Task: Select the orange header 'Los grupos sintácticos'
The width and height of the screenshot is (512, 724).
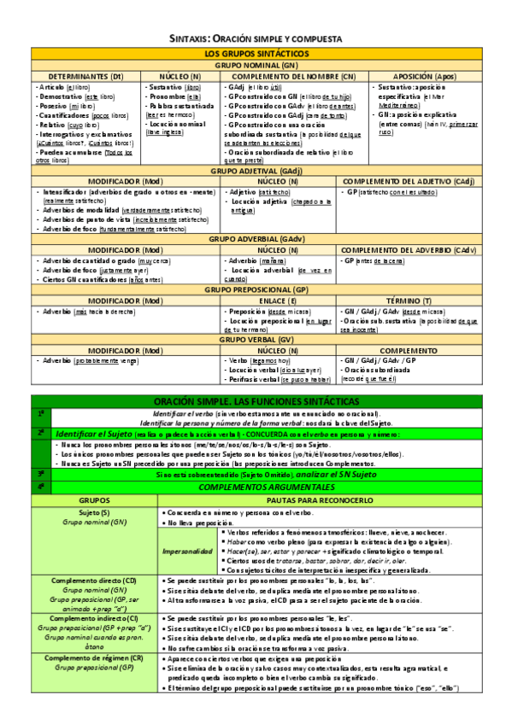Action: (x=256, y=54)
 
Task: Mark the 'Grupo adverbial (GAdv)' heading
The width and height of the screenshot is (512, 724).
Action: (x=256, y=239)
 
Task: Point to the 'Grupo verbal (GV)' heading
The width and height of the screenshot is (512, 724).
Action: (x=256, y=339)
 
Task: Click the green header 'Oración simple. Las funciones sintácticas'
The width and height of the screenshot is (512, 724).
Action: (x=256, y=401)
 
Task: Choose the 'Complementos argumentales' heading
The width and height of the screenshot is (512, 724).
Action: (x=256, y=486)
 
